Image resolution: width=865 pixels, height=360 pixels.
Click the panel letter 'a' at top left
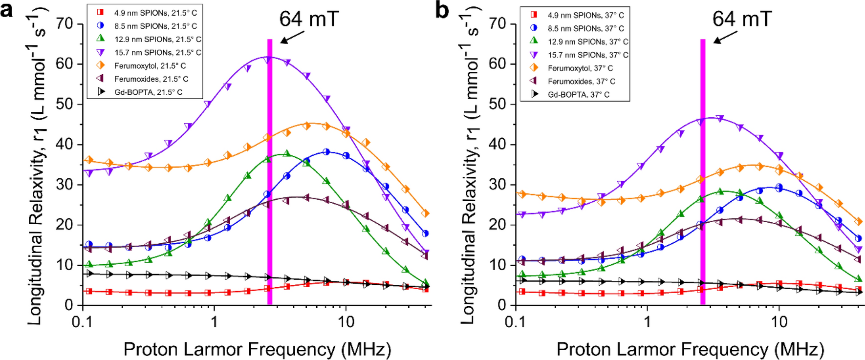[7, 10]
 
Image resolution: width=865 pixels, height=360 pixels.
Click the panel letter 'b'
[442, 10]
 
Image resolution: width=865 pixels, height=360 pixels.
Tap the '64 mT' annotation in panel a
[309, 19]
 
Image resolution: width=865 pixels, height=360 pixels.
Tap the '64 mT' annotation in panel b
[742, 19]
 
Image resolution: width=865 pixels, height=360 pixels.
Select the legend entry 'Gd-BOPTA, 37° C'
[578, 94]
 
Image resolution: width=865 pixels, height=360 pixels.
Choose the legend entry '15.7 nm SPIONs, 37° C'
[587, 55]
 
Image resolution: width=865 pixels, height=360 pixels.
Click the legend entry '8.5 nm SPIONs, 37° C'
[585, 28]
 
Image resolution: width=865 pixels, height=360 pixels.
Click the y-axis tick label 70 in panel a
[65, 23]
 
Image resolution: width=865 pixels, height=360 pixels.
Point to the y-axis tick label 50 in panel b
[498, 104]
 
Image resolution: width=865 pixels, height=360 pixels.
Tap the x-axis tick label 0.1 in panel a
[83, 321]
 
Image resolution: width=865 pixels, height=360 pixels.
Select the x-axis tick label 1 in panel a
[214, 321]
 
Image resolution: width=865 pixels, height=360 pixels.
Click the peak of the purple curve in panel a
[270, 57]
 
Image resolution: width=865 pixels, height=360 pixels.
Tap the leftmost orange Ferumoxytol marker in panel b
[523, 194]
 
